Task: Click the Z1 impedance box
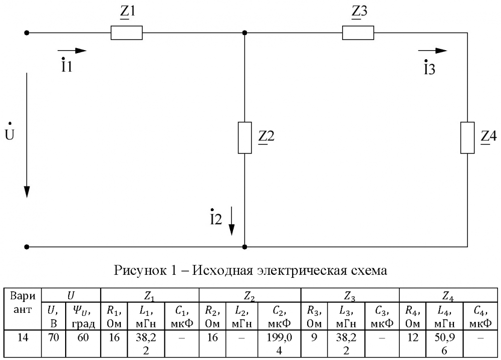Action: tap(127, 33)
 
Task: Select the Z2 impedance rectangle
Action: tap(245, 138)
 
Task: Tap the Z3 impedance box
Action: tap(358, 33)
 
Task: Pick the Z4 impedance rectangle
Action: tap(467, 138)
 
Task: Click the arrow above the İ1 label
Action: tap(72, 51)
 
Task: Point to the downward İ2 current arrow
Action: tap(231, 221)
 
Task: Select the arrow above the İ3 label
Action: tap(433, 51)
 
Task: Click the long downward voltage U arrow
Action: tap(27, 135)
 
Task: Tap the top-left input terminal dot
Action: tap(27, 33)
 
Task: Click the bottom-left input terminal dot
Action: tap(27, 247)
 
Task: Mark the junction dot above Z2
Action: tap(245, 33)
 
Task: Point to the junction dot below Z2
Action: tap(245, 247)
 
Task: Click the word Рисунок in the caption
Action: tap(140, 270)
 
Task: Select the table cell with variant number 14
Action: tap(23, 343)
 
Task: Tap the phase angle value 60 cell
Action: tap(83, 343)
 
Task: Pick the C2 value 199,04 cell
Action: tap(279, 343)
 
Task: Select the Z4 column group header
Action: tap(448, 295)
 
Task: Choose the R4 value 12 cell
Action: tap(412, 343)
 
